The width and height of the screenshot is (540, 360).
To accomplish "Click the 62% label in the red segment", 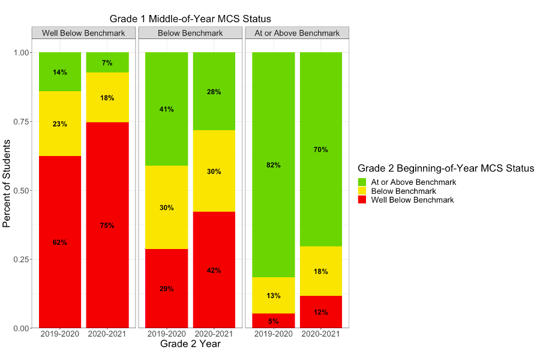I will coord(60,242).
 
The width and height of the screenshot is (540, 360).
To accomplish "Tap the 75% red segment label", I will coord(107,226).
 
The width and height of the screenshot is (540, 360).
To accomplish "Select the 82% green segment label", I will coord(273,165).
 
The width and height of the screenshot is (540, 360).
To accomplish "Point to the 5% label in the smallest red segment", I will coord(273,321).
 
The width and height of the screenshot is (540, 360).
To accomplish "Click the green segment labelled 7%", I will coord(107,62).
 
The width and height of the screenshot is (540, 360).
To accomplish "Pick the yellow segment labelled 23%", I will coord(60,124).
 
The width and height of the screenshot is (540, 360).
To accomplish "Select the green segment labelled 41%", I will coord(166,109).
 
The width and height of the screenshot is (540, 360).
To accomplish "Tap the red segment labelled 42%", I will coord(214,270).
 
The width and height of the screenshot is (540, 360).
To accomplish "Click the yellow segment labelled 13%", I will coord(273,295).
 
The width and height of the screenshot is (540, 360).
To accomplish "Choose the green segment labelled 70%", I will coord(321,149).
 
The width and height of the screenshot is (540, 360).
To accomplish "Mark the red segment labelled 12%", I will coord(321,312).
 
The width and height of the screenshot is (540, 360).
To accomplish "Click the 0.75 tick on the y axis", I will coord(22,121).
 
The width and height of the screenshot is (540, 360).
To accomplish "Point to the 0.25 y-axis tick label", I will coord(22,259).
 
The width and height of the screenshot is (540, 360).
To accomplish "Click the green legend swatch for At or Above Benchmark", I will coord(362,182).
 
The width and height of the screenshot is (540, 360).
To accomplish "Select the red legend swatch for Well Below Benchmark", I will coord(362,200).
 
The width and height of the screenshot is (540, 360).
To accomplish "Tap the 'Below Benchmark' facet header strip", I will coord(190,33).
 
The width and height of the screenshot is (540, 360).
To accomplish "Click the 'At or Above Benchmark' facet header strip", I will coord(297,33).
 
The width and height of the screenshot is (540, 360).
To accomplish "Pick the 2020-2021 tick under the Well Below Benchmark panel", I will coord(107,334).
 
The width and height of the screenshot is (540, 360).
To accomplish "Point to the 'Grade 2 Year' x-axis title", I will coord(190,344).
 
